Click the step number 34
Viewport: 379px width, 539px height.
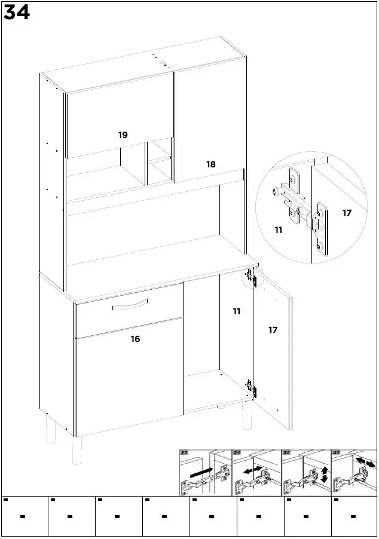[16, 13]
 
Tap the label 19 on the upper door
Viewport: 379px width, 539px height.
[123, 136]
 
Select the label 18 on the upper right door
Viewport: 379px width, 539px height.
[211, 164]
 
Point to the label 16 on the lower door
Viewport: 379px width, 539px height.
[136, 339]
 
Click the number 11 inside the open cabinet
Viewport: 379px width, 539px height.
[237, 311]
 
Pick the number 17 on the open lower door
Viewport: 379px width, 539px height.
[273, 330]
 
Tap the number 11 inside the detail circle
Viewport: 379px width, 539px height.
[279, 229]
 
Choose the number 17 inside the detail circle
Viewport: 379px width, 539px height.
[347, 213]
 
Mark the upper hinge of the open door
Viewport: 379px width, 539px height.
[250, 277]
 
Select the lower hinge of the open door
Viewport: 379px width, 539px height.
[252, 388]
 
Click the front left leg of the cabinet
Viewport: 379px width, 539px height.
[76, 450]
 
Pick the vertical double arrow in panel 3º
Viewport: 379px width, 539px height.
[324, 476]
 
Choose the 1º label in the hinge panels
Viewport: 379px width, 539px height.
[184, 454]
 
